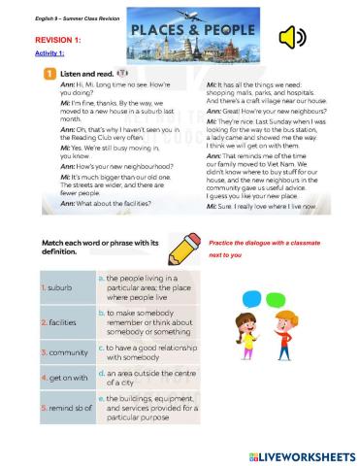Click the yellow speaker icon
290,38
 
